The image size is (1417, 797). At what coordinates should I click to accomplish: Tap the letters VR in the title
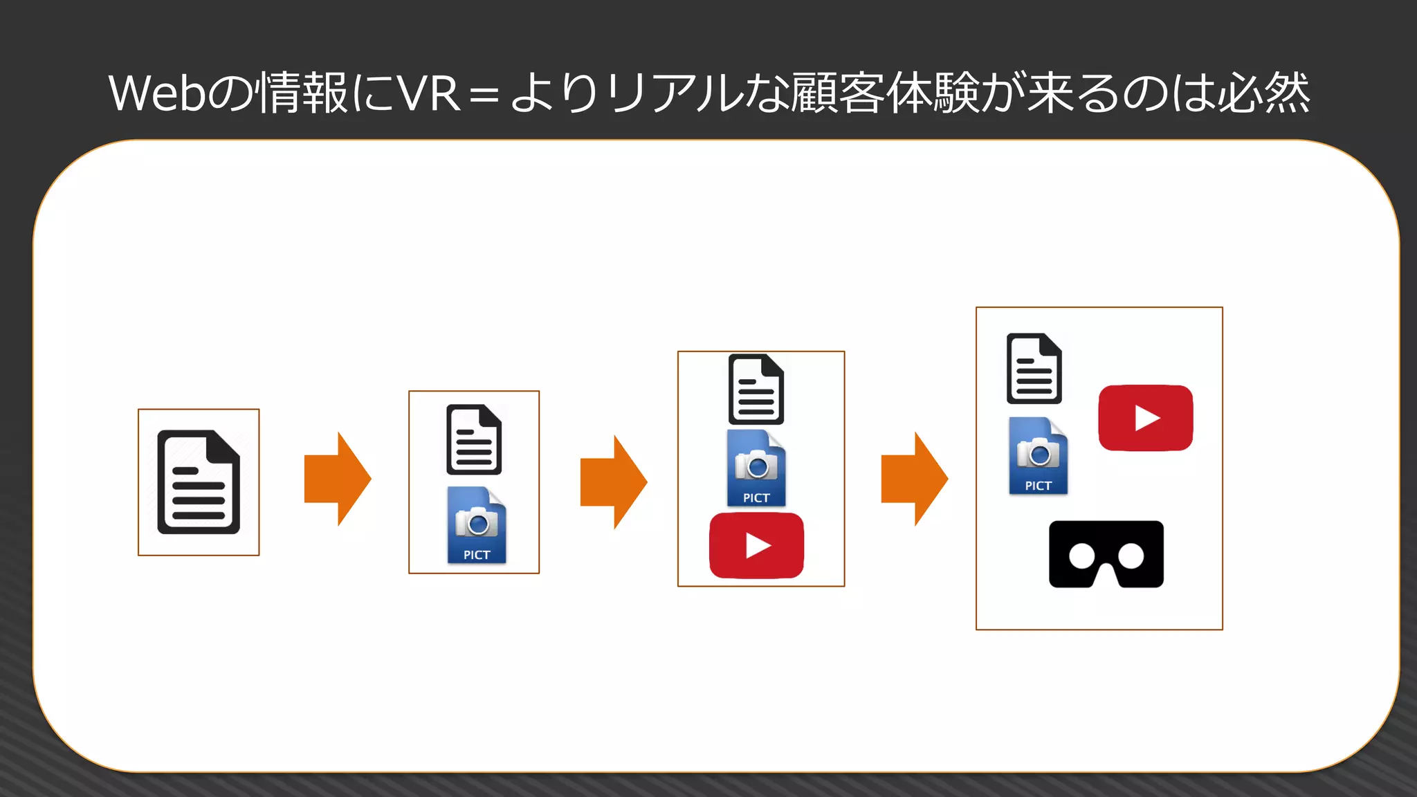tap(430, 93)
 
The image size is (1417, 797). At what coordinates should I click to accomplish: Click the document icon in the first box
tap(199, 482)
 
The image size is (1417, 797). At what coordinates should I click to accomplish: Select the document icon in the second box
tap(474, 440)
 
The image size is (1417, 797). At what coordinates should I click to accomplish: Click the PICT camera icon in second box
tap(477, 525)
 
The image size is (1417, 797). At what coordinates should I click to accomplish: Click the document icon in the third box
tap(756, 390)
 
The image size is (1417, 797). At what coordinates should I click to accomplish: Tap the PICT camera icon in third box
tap(756, 468)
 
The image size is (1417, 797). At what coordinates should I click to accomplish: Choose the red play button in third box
tap(756, 546)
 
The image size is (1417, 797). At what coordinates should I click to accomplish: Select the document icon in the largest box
tap(1034, 369)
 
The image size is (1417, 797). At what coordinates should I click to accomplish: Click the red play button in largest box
tap(1146, 418)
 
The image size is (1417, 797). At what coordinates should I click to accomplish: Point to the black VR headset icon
tap(1106, 553)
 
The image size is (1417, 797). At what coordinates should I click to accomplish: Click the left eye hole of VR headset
tap(1081, 556)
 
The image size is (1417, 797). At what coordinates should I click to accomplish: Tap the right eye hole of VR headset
tap(1131, 556)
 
